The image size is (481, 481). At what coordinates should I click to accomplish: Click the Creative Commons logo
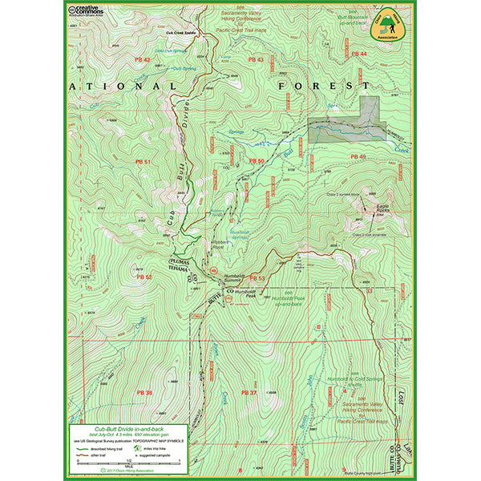pos(85,10)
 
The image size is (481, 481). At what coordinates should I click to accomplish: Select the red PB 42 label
pos(141,60)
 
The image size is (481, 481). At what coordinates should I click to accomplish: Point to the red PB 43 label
pos(256,60)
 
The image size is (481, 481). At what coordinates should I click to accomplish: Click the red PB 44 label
pos(358,54)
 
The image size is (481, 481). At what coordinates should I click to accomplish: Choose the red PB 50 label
pos(257,161)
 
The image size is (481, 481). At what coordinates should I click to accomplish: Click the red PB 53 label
pos(257,278)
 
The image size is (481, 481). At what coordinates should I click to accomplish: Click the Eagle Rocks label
pos(389,211)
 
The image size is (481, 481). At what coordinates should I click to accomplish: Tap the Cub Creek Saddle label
pos(181,33)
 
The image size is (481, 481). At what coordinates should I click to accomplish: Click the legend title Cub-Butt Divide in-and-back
pos(129,429)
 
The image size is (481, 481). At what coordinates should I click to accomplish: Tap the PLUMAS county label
pos(183,262)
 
